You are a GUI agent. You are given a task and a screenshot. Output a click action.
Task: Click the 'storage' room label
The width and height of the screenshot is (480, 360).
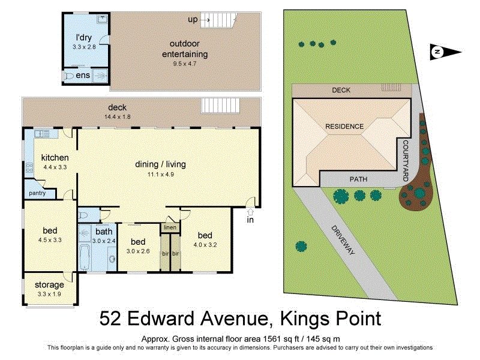[49, 285]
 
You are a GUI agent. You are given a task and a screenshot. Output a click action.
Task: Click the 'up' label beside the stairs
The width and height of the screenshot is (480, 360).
[193, 20]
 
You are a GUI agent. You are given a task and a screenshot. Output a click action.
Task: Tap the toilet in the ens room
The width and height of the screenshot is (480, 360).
[70, 76]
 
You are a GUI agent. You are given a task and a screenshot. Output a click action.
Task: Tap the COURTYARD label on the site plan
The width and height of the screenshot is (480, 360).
[406, 161]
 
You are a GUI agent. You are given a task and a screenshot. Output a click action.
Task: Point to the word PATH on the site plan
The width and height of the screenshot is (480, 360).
[359, 179]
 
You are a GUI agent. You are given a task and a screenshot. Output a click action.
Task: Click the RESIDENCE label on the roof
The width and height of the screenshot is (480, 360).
[344, 127]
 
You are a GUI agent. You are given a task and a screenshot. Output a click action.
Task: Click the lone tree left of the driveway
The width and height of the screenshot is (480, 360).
[299, 245]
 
